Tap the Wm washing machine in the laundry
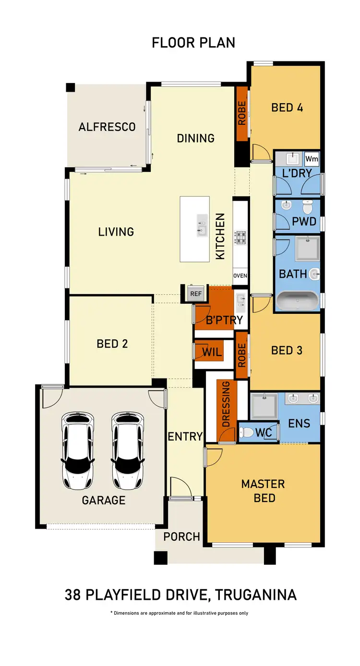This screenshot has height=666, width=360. pos(312,159)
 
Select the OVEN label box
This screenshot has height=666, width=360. pos(240,275)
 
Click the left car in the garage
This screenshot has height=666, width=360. pos(79,450)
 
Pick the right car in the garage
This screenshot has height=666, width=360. pos(128,450)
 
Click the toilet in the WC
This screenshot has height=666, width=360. pos(247,433)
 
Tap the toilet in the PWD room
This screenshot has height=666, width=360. pos(308,207)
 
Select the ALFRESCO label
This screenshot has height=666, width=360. pos(107,127)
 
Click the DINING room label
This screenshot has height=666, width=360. pos(195,138)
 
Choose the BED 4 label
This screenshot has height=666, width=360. pos(287,107)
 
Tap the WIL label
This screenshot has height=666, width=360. pos(212,352)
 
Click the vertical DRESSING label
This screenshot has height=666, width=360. pos(226,404)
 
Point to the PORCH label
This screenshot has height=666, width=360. pos(181,536)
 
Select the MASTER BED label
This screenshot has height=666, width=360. pos(263,491)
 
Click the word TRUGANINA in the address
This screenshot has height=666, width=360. pos(256,595)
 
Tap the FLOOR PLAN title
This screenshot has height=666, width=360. pos(193,43)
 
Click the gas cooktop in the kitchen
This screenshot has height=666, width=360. pos(240,238)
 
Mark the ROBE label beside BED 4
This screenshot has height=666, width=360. pos(241,113)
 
